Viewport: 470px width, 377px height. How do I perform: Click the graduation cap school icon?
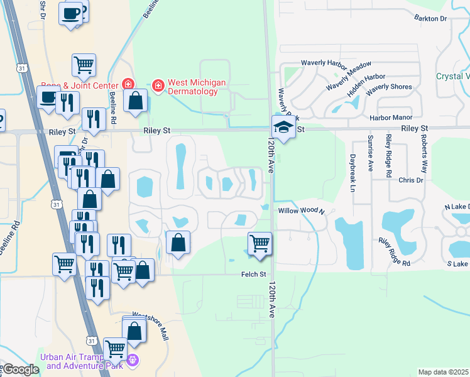284,128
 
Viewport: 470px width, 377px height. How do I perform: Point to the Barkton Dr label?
430,19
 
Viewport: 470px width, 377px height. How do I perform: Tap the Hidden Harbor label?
366,85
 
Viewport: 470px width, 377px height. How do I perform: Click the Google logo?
21,369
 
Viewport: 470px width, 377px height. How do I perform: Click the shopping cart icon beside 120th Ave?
260,243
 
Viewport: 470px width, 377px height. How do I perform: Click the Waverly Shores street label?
389,87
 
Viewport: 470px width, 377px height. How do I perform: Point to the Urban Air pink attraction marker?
132,360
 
